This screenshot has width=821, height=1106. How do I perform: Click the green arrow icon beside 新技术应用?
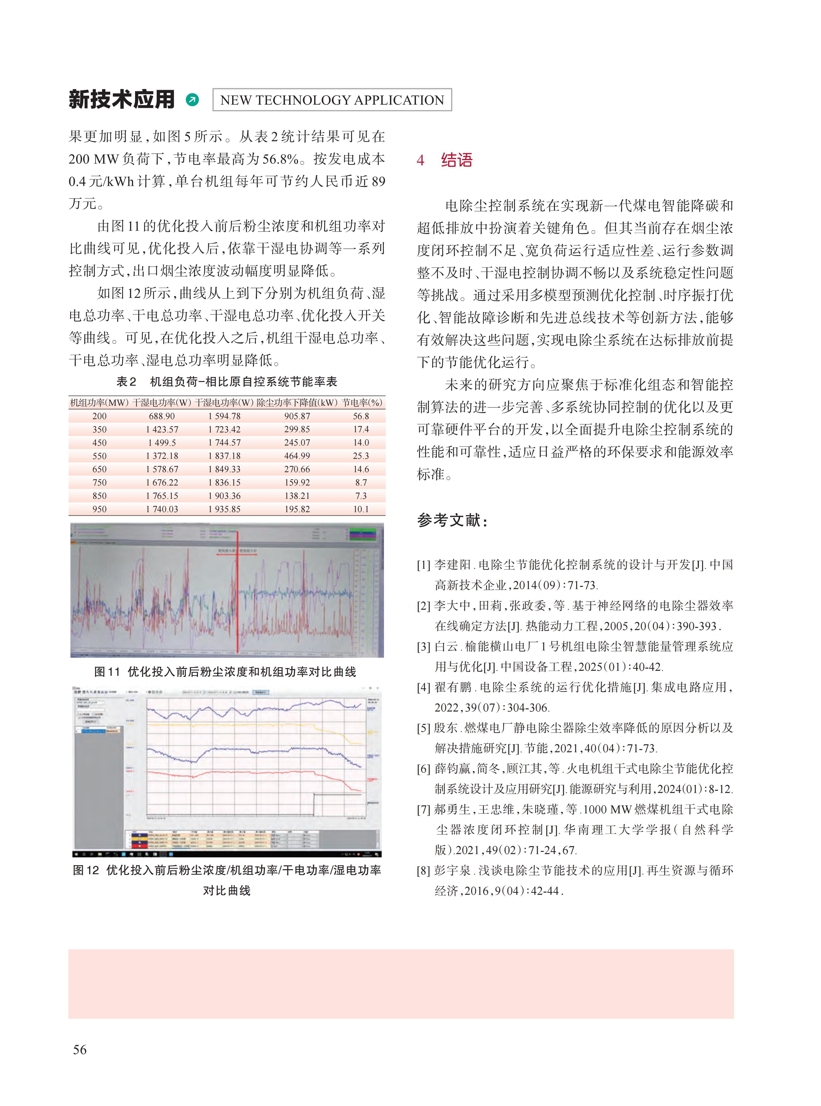pos(192,100)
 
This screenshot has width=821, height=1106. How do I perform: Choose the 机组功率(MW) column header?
pos(99,403)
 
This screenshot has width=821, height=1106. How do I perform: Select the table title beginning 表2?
pos(227,382)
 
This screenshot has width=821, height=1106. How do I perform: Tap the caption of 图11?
pos(225,672)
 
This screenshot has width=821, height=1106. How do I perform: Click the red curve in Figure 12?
pos(248,773)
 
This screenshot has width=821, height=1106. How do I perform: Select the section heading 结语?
pos(456,160)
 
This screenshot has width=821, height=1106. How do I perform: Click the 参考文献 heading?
pos(452,520)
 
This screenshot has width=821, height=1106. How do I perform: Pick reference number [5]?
pos(423,728)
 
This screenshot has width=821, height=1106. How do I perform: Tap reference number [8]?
pos(423,870)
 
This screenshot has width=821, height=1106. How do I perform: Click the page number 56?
pos(80,1049)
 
